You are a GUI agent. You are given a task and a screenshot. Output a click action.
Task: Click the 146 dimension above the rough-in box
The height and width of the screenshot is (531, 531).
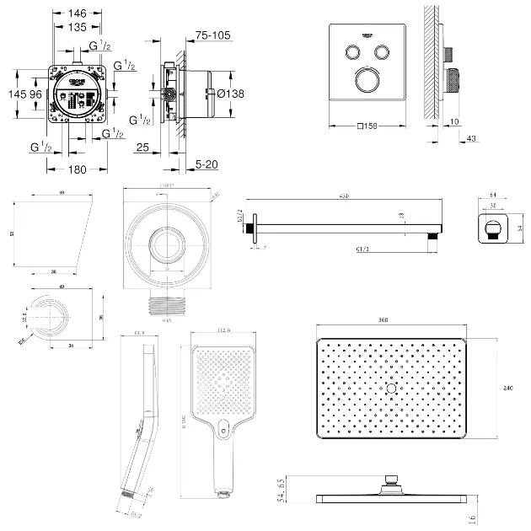(x=77, y=14)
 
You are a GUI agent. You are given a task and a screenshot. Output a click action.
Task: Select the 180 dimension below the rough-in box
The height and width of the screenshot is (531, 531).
(x=77, y=169)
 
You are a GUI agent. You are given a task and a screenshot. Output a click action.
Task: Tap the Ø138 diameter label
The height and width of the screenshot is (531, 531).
(x=230, y=94)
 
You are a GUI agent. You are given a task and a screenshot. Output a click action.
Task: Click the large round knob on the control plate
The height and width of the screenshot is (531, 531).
(x=368, y=81)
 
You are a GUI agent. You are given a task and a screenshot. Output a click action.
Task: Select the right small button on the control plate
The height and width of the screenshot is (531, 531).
(x=383, y=51)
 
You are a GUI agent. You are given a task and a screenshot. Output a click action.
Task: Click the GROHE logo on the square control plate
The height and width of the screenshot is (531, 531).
(x=368, y=33)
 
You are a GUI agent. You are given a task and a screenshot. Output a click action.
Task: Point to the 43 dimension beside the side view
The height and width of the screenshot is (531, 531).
(x=471, y=138)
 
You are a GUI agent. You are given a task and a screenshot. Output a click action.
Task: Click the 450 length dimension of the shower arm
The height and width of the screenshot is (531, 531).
(x=344, y=196)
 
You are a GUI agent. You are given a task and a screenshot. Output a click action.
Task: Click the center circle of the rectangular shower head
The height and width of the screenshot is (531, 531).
(x=389, y=388)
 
